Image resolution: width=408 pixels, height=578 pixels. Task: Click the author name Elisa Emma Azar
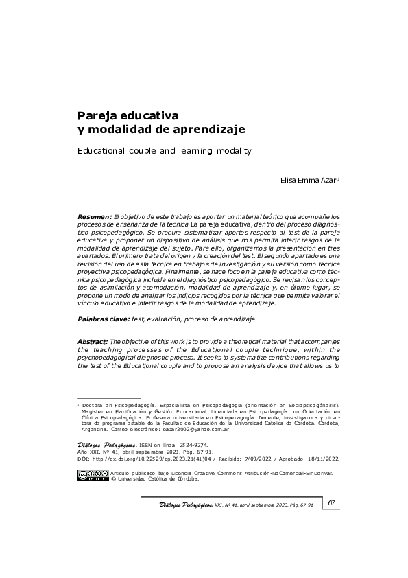[x=309, y=181]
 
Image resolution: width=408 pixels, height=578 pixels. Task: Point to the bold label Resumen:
[x=95, y=216]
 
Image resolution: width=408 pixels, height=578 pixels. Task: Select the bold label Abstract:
[x=93, y=341]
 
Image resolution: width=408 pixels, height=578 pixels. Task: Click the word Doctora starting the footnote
[x=95, y=407]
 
